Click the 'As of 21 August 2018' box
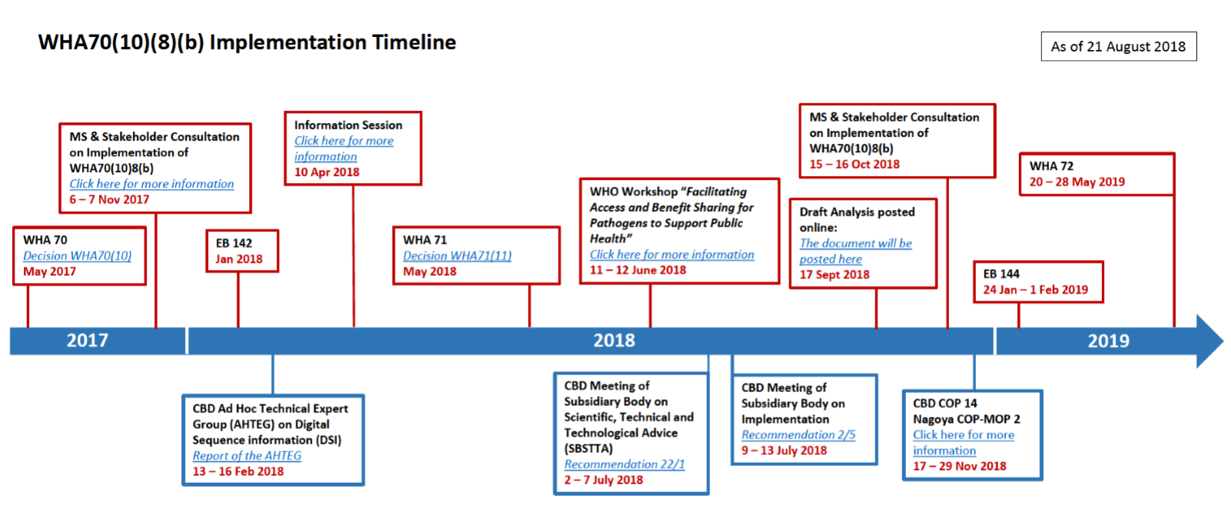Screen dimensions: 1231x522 pos(1118,46)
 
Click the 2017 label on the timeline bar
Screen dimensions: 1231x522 pos(88,341)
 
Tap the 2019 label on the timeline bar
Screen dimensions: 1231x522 pos(1109,341)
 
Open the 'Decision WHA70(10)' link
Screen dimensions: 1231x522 pos(77,256)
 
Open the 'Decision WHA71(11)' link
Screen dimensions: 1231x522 pos(457,256)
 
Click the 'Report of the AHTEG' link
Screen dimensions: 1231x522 pos(247,455)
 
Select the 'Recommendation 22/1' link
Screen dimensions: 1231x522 pos(624,464)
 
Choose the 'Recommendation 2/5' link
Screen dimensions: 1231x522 pos(798,434)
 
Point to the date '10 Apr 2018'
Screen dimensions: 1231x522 pos(327,172)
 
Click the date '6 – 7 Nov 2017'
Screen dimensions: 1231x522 pos(109,200)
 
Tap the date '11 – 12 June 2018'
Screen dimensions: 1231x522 pos(638,270)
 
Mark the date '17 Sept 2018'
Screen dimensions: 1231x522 pos(834,274)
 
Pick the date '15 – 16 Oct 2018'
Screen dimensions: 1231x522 pos(854,164)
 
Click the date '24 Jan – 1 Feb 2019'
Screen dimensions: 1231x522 pos(1035,290)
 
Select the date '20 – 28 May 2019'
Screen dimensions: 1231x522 pos(1077,182)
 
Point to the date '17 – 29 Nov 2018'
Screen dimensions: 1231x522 pos(960,466)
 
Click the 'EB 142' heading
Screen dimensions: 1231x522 pos(234,243)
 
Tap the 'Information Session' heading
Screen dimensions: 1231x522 pos(348,125)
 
